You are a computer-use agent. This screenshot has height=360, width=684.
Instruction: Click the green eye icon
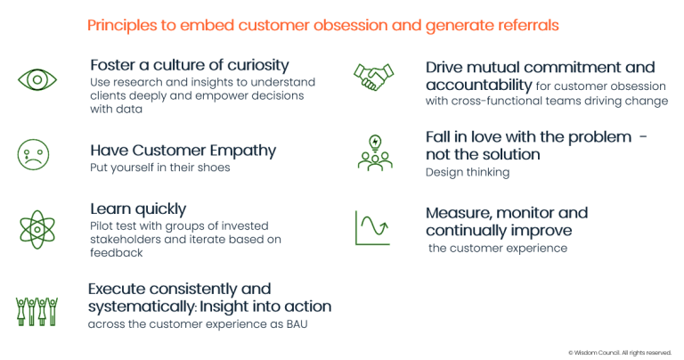[x=37, y=80]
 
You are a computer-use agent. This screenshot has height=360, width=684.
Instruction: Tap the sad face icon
[x=33, y=155]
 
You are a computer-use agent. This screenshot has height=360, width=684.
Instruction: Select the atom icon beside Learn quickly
[x=37, y=230]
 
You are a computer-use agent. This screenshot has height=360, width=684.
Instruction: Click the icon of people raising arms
[x=37, y=312]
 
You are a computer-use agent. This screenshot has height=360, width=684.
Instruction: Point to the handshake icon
[x=373, y=77]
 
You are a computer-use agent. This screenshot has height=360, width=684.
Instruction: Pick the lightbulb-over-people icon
[x=375, y=152]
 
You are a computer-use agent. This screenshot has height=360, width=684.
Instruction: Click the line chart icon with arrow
[x=372, y=228]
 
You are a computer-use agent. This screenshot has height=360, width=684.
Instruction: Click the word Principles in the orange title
[x=122, y=25]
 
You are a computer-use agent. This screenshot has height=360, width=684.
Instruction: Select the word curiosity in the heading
[x=258, y=65]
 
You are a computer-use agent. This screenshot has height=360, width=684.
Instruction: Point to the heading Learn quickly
[x=138, y=209]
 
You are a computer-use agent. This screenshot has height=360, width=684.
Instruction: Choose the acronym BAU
[x=297, y=324]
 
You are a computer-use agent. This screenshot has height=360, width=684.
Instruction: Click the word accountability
[x=479, y=85]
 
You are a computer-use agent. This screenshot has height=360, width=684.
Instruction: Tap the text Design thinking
[x=468, y=173]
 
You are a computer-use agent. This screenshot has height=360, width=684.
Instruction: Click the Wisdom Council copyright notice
[x=620, y=353]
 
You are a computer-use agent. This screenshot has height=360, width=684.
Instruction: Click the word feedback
[x=117, y=253]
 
